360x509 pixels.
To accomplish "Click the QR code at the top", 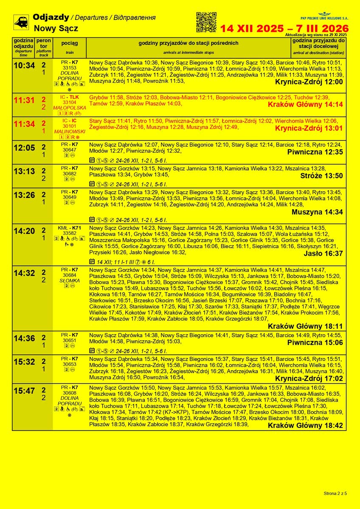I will coord(206,22).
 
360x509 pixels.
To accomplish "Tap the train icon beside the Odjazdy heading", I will coord(21,22).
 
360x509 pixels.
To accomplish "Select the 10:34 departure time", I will coord(24,66).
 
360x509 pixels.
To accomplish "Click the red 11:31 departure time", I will coord(24,101).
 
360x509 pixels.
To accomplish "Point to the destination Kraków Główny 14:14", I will coord(305,104).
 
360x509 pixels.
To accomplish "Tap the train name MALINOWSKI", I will coord(69,132).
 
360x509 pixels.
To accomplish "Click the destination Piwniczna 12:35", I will coord(315,152).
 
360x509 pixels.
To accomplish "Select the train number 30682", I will coord(69,174).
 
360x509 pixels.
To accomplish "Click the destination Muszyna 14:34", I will coord(317,212).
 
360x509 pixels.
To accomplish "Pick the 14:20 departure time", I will coord(24,231).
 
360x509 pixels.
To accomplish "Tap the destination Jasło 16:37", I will coord(323,254).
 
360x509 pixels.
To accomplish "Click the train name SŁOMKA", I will coord(69,280).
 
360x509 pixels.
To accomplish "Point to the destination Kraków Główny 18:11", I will coord(305,326).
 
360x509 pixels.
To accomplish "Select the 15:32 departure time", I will coord(24,362).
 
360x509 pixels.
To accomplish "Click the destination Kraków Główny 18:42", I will coord(305,425).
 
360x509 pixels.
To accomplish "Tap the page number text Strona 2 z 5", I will coord(335,493).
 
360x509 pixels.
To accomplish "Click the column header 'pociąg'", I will coord(69,44).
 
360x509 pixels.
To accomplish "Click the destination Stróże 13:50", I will coord(321,176).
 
